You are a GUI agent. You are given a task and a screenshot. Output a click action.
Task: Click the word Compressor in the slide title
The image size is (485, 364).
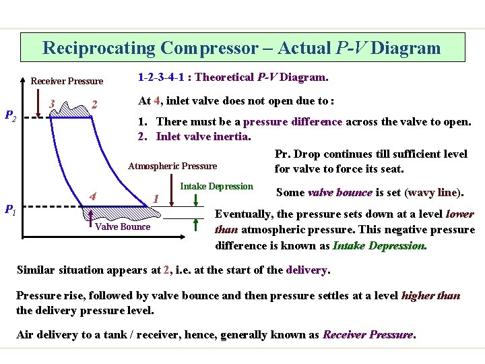click(x=208, y=48)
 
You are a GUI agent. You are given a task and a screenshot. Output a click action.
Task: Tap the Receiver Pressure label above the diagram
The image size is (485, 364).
click(x=67, y=82)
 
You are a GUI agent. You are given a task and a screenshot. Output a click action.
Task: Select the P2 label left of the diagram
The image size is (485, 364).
click(x=11, y=116)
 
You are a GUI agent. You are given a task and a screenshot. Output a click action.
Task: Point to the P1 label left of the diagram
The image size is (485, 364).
click(x=11, y=210)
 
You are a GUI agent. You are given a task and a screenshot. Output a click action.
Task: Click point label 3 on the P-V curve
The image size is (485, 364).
click(x=53, y=103)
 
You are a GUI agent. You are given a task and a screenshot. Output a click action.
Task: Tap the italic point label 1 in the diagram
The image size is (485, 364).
click(x=155, y=199)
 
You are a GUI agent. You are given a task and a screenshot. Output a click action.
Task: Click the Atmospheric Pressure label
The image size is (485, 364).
click(x=173, y=166)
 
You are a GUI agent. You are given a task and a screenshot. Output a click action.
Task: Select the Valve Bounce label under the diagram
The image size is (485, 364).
click(x=123, y=226)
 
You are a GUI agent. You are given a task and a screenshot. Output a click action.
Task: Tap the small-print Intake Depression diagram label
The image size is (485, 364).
click(x=218, y=186)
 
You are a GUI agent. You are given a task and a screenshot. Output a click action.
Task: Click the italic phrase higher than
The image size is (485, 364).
click(x=432, y=295)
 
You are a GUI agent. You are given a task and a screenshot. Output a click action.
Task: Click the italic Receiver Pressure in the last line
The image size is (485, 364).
click(x=368, y=334)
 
